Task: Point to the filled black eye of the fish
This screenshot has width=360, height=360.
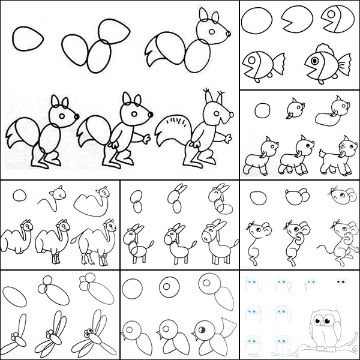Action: pos(316,59)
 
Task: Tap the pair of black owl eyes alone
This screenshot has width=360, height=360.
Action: pos(340,281)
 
